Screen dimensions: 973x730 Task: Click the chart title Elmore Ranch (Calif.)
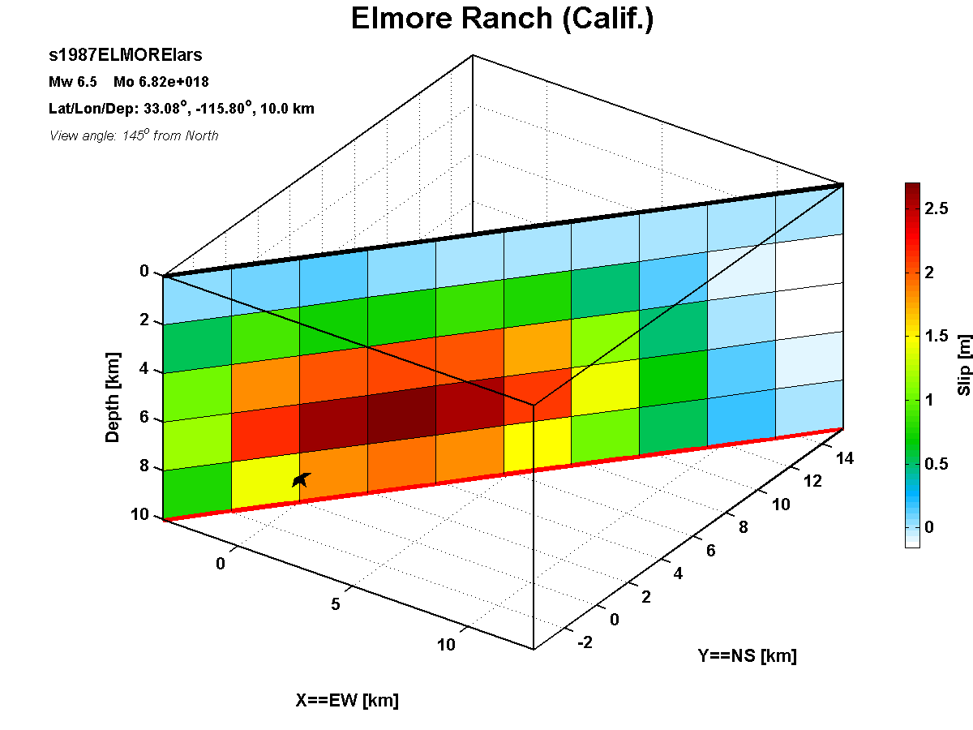(502, 19)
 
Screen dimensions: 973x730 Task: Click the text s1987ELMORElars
(126, 55)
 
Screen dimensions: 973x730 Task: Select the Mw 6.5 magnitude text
(73, 82)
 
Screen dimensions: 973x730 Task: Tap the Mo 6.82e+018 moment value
(161, 82)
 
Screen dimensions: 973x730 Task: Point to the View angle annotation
(134, 135)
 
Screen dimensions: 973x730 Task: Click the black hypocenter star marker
(301, 479)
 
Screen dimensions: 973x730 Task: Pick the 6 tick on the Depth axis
(144, 417)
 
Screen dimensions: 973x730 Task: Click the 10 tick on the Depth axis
(139, 514)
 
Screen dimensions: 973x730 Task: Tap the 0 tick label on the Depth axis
(144, 271)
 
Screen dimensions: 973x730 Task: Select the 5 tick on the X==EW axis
(336, 604)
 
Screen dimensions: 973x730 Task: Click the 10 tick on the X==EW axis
(446, 645)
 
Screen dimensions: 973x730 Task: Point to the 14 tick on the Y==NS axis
(845, 458)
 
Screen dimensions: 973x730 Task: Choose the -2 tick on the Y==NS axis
(585, 642)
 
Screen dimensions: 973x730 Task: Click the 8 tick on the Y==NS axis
(744, 527)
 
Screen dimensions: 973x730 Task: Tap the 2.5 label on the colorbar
(937, 208)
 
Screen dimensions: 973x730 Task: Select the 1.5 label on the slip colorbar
(937, 336)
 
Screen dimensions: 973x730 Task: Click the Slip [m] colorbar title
(964, 365)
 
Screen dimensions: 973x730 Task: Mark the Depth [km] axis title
(112, 397)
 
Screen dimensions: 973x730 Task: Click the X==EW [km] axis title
(347, 700)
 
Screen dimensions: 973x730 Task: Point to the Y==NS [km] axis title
(748, 655)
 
